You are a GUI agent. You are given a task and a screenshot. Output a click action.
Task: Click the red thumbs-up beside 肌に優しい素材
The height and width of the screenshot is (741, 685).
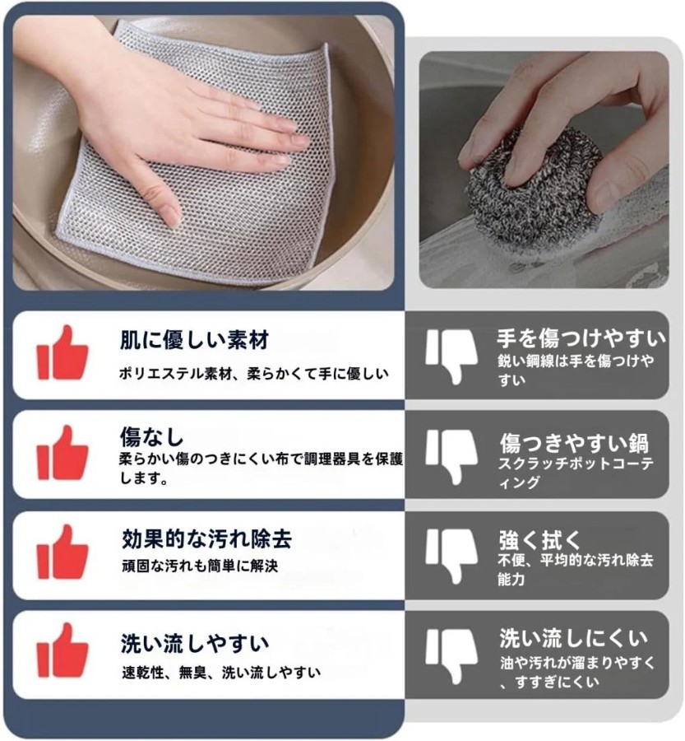[x=62, y=352]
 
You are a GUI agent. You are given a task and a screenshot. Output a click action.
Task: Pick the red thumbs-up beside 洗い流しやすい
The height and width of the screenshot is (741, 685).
[x=62, y=650]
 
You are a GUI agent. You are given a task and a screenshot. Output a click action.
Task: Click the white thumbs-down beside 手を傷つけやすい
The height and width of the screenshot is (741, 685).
[x=451, y=357]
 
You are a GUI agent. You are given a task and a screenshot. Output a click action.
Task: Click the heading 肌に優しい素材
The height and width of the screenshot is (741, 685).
[x=194, y=340]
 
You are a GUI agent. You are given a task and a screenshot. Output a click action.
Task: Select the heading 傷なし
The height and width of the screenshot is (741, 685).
[x=151, y=436]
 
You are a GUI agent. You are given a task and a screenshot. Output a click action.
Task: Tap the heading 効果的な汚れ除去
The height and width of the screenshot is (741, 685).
[x=206, y=538]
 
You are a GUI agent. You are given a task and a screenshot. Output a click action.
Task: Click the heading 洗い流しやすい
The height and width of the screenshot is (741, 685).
[x=195, y=644]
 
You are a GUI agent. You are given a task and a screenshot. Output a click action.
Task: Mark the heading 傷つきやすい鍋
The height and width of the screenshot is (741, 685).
[x=574, y=443]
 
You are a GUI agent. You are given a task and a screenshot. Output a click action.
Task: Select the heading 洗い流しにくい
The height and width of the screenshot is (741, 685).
[x=573, y=638]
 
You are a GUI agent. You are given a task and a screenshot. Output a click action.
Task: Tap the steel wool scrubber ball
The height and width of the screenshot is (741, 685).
[x=534, y=188]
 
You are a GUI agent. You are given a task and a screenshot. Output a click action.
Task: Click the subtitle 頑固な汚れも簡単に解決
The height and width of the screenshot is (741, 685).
[x=200, y=566]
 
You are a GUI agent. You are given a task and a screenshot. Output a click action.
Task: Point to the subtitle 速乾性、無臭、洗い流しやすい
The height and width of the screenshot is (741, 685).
[x=221, y=672]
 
